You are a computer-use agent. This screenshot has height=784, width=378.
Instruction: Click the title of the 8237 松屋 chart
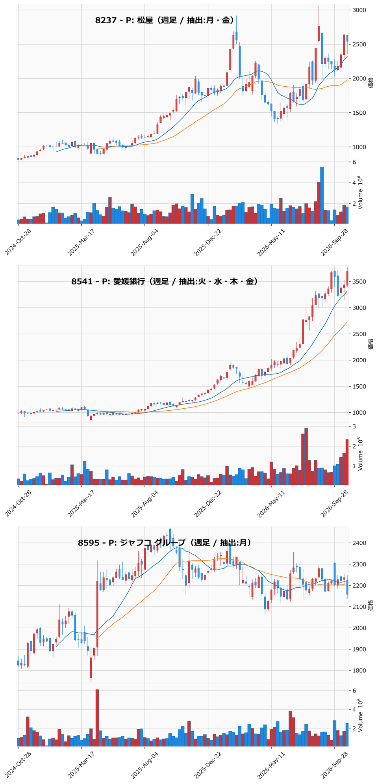pos(167,20)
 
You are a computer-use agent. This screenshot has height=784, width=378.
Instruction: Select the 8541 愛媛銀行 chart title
pos(165,281)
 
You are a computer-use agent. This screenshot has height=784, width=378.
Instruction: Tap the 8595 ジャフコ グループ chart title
pos(165,543)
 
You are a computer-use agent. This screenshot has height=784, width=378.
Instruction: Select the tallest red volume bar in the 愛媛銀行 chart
pos(306,457)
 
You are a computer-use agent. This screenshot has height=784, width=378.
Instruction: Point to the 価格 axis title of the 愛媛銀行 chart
pos(371,344)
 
